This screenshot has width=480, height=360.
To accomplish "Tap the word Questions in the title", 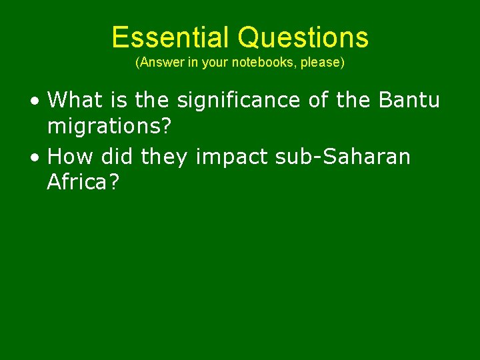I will [x=303, y=37].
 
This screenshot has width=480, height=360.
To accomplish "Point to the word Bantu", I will [x=409, y=101].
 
